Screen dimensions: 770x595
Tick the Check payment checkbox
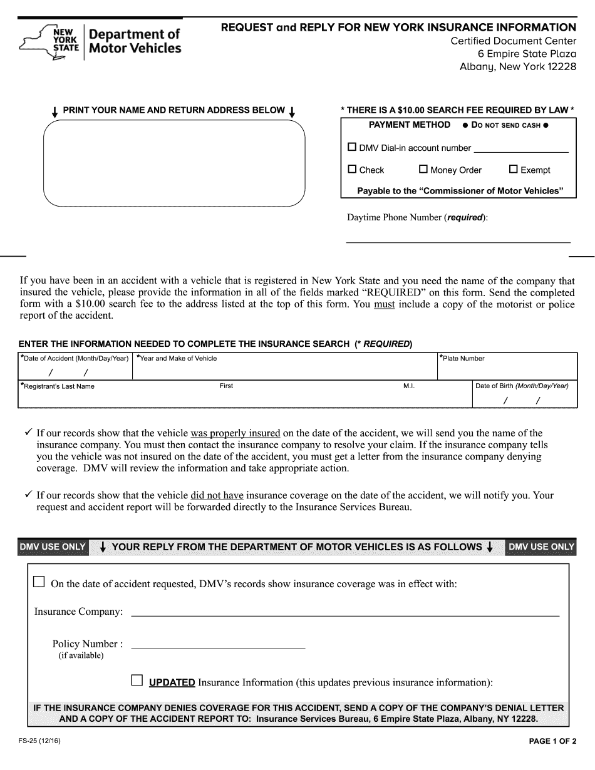click(352, 169)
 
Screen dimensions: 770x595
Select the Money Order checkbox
click(423, 169)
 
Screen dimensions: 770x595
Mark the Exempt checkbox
click(514, 169)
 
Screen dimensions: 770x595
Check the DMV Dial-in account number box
click(352, 147)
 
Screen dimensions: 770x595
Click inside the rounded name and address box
click(173, 163)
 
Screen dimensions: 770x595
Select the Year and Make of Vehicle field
click(284, 371)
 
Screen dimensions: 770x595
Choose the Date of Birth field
click(524, 399)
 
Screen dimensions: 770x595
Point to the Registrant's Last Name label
click(58, 386)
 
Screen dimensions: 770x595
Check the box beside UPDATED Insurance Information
click(137, 680)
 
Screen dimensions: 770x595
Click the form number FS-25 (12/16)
click(39, 742)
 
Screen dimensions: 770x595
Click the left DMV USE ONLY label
click(53, 547)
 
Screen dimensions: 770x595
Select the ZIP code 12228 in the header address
click(562, 66)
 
